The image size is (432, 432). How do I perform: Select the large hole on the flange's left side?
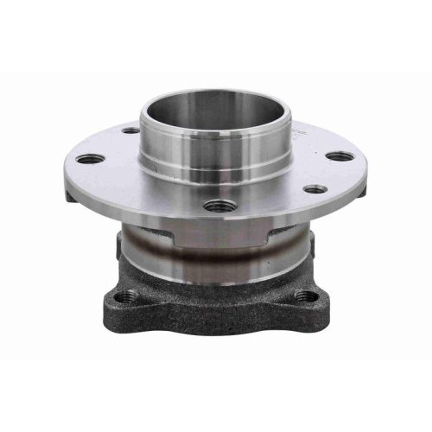(90, 159)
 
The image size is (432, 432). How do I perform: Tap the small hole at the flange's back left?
(130, 131)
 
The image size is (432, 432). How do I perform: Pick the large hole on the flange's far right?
(340, 156)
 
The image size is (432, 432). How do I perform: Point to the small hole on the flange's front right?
(315, 188)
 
